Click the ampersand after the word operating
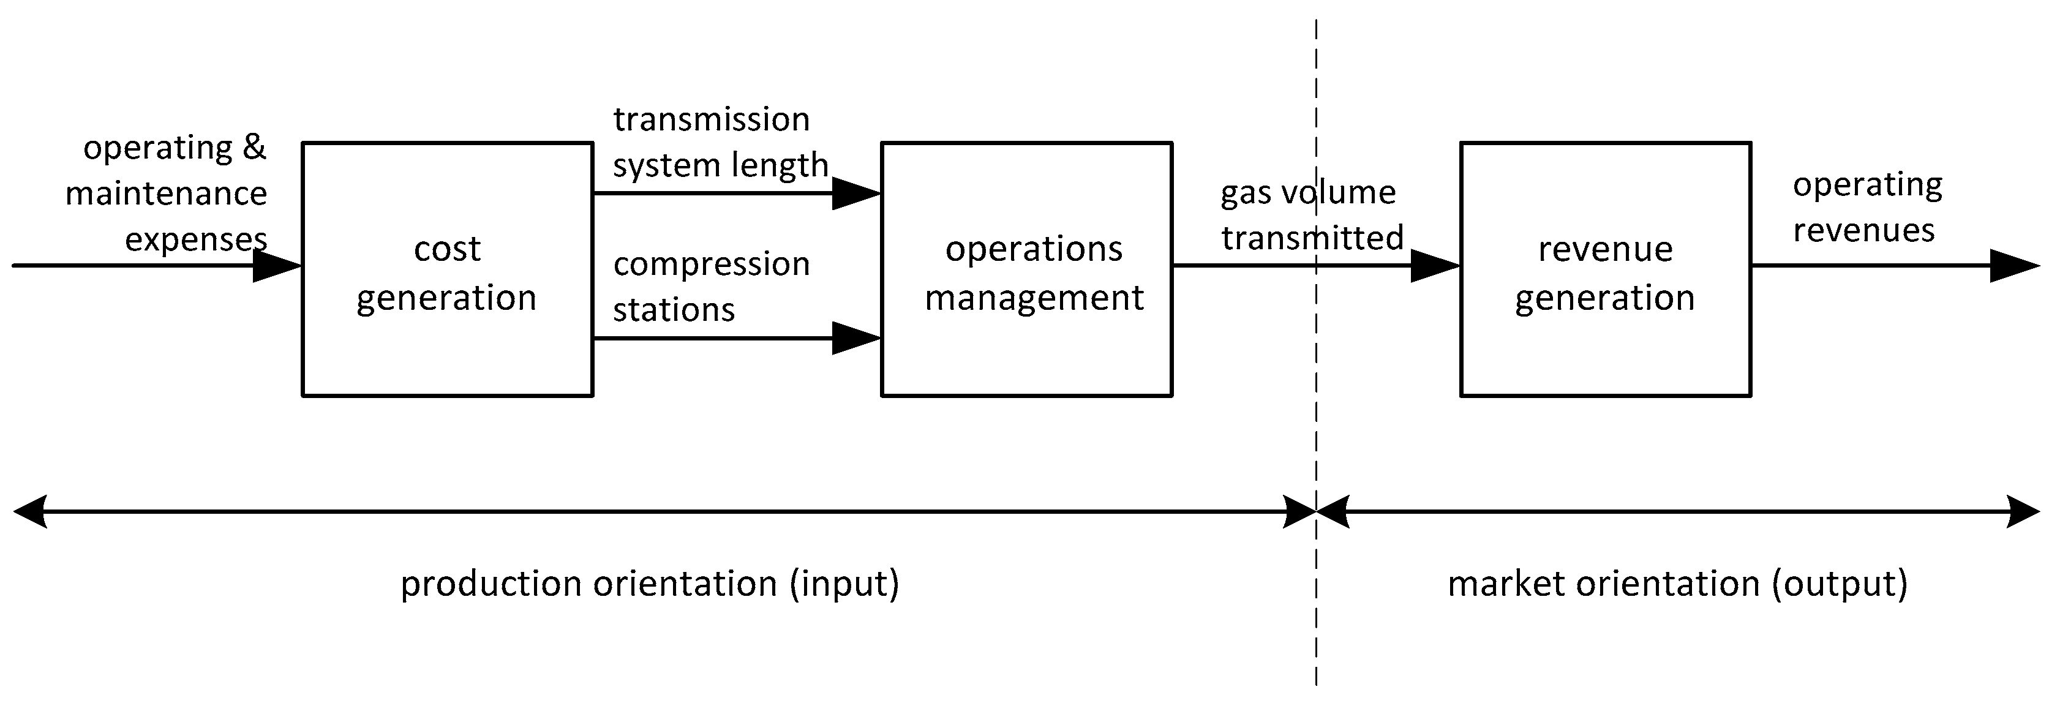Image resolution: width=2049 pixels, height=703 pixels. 254,147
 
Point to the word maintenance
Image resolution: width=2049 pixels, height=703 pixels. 165,194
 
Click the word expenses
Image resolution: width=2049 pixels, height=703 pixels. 196,239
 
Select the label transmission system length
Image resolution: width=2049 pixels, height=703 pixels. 720,141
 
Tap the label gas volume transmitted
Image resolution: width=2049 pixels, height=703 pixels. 1312,215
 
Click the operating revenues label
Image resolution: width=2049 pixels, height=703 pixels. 1866,207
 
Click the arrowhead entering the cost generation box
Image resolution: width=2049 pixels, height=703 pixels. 277,266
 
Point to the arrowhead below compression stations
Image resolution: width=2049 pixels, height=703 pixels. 855,338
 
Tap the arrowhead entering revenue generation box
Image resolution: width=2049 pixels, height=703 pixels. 1434,266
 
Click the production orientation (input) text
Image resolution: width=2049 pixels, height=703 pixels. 649,584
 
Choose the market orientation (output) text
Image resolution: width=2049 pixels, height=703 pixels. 1677,584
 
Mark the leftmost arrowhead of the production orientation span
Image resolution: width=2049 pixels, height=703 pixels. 30,511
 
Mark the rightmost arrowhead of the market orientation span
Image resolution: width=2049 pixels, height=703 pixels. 2023,511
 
